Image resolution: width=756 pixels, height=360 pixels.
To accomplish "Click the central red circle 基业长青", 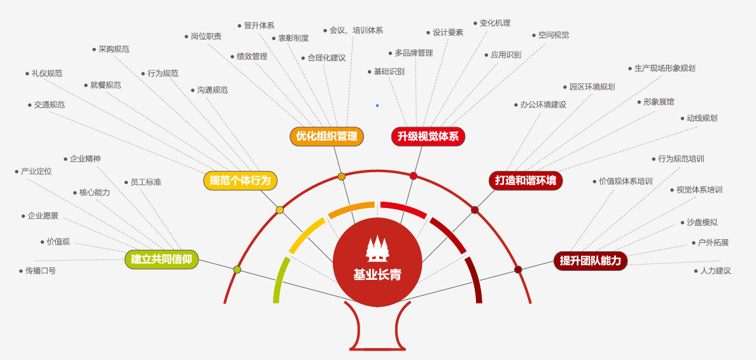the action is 377,262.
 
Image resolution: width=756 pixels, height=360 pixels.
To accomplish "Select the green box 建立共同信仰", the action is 162,260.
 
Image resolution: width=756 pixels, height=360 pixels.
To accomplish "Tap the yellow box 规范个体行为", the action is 240,181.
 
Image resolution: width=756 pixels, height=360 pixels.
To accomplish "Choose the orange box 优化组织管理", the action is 326,136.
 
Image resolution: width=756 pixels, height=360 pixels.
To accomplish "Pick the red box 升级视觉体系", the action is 428,136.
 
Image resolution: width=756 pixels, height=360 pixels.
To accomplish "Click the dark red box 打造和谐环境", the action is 526,181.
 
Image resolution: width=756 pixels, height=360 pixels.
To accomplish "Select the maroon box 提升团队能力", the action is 590,261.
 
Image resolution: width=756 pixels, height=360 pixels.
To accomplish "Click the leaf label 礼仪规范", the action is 46,74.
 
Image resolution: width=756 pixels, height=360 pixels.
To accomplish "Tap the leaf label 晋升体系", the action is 259,25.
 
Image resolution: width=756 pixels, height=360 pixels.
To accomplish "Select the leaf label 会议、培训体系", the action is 356,31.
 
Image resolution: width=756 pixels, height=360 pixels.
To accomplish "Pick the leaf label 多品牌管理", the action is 414,53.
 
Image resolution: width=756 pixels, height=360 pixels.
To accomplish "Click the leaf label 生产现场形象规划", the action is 665,69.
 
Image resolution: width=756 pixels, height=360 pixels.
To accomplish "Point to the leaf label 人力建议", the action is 715,271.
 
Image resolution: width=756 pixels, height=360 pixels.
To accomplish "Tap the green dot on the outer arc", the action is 237,270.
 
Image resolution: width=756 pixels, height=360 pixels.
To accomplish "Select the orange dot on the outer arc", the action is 341,176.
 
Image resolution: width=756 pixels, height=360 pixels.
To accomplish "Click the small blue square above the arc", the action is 377,105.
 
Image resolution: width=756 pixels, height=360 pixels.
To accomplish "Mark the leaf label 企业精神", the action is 85,158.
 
